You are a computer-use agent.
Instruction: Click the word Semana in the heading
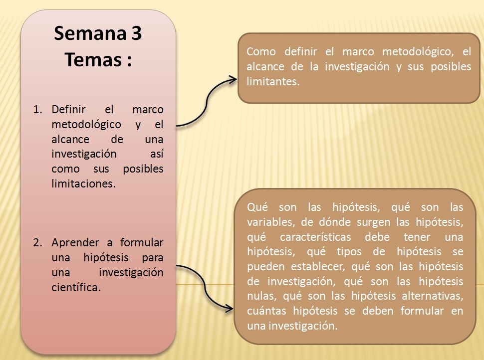90,33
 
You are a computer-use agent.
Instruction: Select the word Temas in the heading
93,59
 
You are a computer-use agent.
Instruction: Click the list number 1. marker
37,110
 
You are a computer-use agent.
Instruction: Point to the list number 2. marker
37,243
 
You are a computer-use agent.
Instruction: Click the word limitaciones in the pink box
83,183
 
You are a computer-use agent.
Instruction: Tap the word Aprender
75,243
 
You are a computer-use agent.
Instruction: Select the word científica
76,287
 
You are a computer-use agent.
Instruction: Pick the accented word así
157,154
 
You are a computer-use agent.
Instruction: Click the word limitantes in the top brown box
272,81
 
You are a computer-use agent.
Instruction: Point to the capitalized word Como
261,51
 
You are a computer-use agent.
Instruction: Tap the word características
315,237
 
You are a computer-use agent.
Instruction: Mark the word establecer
318,266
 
